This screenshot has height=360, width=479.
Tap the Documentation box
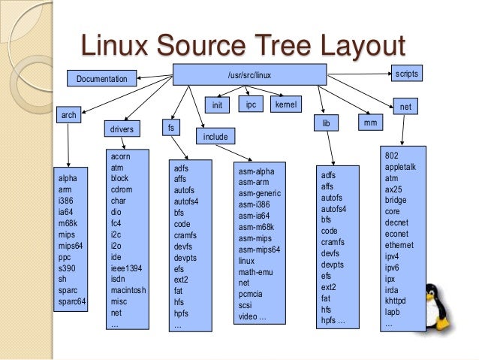pos(102,78)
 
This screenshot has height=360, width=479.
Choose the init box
pos(217,105)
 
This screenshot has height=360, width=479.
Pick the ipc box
pos(251,105)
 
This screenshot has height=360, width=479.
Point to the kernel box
pos(285,105)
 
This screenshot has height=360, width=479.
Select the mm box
pos(369,121)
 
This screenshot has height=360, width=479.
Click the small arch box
pos(69,116)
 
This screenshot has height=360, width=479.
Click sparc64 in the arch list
pos(73,301)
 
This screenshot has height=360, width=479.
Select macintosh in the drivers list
pos(127,290)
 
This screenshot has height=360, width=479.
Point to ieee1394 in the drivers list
pos(125,268)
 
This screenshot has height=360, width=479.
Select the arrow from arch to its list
pos(69,147)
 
